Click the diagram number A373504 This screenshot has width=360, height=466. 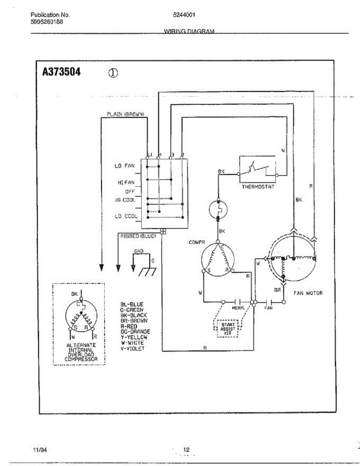61,72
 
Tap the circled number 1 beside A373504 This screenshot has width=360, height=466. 113,73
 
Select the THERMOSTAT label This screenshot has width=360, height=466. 258,187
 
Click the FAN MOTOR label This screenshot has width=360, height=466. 308,293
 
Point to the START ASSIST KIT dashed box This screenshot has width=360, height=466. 228,328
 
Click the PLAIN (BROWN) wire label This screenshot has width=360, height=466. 125,114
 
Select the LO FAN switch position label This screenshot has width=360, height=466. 124,166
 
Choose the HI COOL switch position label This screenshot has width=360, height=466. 125,200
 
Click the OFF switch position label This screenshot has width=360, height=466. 129,191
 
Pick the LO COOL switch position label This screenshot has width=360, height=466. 125,216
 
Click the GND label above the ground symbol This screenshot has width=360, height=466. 139,251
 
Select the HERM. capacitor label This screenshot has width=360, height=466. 238,308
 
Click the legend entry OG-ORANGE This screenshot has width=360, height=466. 135,332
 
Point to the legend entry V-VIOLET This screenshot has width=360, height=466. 132,349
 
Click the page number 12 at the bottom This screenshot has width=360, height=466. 186,450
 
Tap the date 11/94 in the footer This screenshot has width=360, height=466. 40,450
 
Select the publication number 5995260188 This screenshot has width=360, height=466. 47,22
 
